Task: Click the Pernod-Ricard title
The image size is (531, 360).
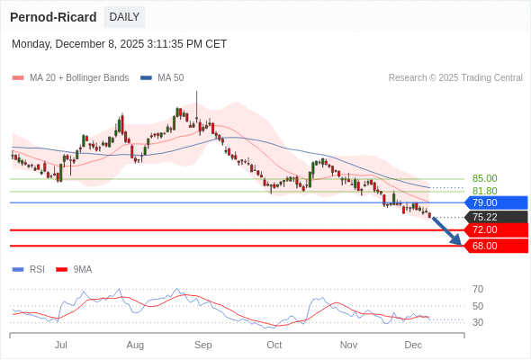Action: point(53,17)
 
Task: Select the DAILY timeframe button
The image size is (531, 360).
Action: point(124,17)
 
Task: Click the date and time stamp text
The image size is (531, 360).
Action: point(120,44)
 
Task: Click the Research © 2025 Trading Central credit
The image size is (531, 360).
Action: point(455,77)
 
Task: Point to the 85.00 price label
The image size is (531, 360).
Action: point(484,178)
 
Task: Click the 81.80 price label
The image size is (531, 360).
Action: point(484,191)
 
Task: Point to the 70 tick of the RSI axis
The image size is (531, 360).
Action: point(478,289)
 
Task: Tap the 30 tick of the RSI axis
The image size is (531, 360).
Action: point(478,322)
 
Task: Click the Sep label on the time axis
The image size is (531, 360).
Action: point(203,345)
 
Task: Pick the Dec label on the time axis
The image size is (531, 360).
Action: point(413,345)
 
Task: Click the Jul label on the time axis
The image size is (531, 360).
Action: point(61,345)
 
